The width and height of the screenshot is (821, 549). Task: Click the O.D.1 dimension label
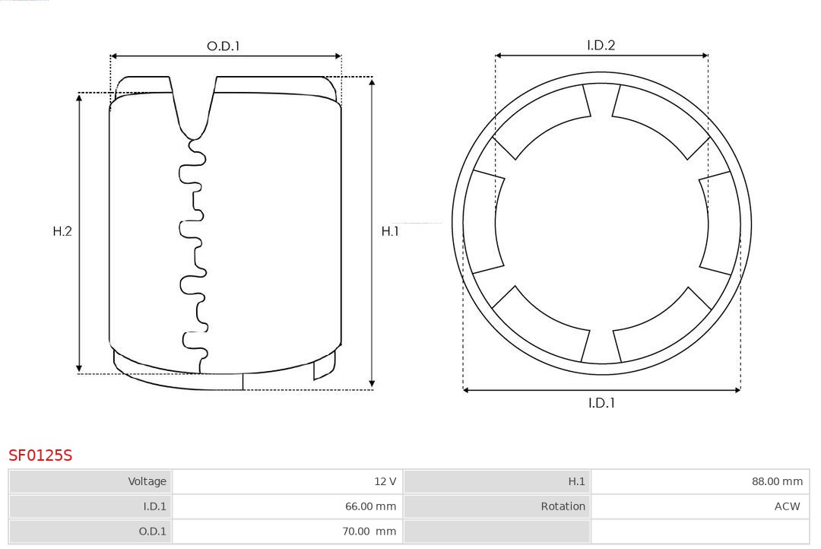pos(223,46)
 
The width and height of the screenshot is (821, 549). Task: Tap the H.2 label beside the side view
pos(62,231)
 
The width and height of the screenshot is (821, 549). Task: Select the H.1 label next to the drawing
pos(390,231)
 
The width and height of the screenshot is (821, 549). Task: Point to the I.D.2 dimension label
pos(601,46)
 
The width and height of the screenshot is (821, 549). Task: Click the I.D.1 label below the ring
pos(601,403)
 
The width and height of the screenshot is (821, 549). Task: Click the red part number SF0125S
pos(40,455)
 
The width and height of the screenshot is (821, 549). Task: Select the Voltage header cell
pos(90,481)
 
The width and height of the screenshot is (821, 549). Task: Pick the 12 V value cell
pos(287,481)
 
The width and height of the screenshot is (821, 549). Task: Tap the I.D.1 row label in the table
pos(90,506)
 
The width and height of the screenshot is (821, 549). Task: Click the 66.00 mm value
pos(371,506)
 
